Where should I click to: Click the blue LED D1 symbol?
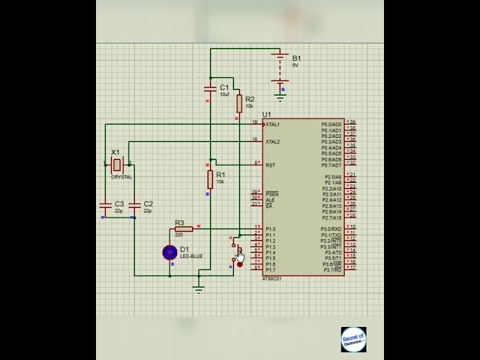click(x=169, y=253)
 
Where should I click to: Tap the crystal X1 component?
click(x=116, y=164)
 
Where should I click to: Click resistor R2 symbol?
click(x=239, y=103)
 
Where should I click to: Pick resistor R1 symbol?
click(x=211, y=179)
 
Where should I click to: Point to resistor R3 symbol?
click(x=182, y=229)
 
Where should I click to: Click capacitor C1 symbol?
click(x=211, y=89)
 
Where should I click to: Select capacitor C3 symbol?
click(x=105, y=204)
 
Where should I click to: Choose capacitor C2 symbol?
click(x=135, y=204)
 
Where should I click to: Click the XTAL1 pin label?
click(x=273, y=124)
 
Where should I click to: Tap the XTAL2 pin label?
click(x=273, y=142)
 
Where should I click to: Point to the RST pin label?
click(x=271, y=165)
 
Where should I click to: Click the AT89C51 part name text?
click(x=271, y=279)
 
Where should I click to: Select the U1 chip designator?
click(x=266, y=115)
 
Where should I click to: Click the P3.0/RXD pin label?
click(x=331, y=229)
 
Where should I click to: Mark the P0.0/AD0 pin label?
click(x=331, y=124)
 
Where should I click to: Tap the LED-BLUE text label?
click(x=191, y=256)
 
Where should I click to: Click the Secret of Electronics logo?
click(x=353, y=340)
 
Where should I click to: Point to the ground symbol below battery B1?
click(x=280, y=96)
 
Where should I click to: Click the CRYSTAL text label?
click(x=121, y=177)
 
